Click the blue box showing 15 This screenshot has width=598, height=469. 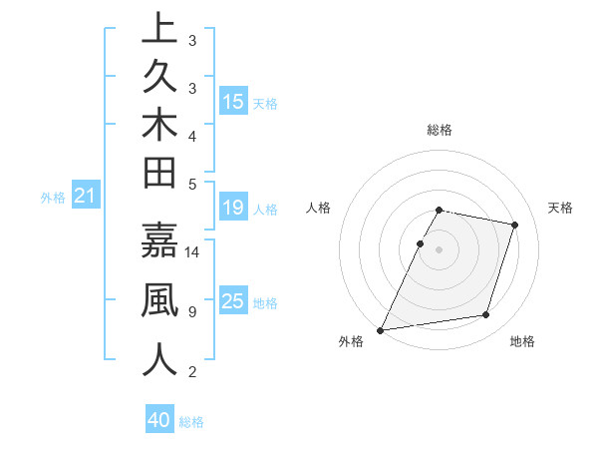233,101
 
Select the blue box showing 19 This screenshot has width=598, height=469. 233,208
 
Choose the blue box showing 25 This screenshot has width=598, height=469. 233,301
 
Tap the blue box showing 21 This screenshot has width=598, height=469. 85,197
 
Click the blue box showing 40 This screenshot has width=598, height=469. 159,420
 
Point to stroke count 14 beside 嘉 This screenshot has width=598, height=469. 192,252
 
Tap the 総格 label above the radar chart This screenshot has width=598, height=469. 440,130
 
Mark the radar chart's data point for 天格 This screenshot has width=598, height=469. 514,225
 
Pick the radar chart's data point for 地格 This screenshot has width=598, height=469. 485,315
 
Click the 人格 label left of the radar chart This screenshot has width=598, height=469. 319,208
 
